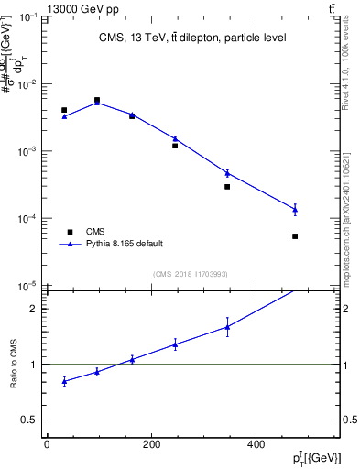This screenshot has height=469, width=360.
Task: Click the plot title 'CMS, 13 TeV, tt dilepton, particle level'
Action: click(x=191, y=38)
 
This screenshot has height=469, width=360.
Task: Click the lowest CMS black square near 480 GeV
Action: click(x=295, y=236)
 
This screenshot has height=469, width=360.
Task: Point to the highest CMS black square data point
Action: click(x=96, y=100)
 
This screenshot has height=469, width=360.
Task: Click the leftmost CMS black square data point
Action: click(x=64, y=110)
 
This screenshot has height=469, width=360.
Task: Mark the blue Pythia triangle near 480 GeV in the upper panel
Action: click(x=295, y=210)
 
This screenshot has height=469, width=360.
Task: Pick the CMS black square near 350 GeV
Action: click(x=227, y=187)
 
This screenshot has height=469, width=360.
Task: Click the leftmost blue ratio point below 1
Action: click(x=64, y=381)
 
